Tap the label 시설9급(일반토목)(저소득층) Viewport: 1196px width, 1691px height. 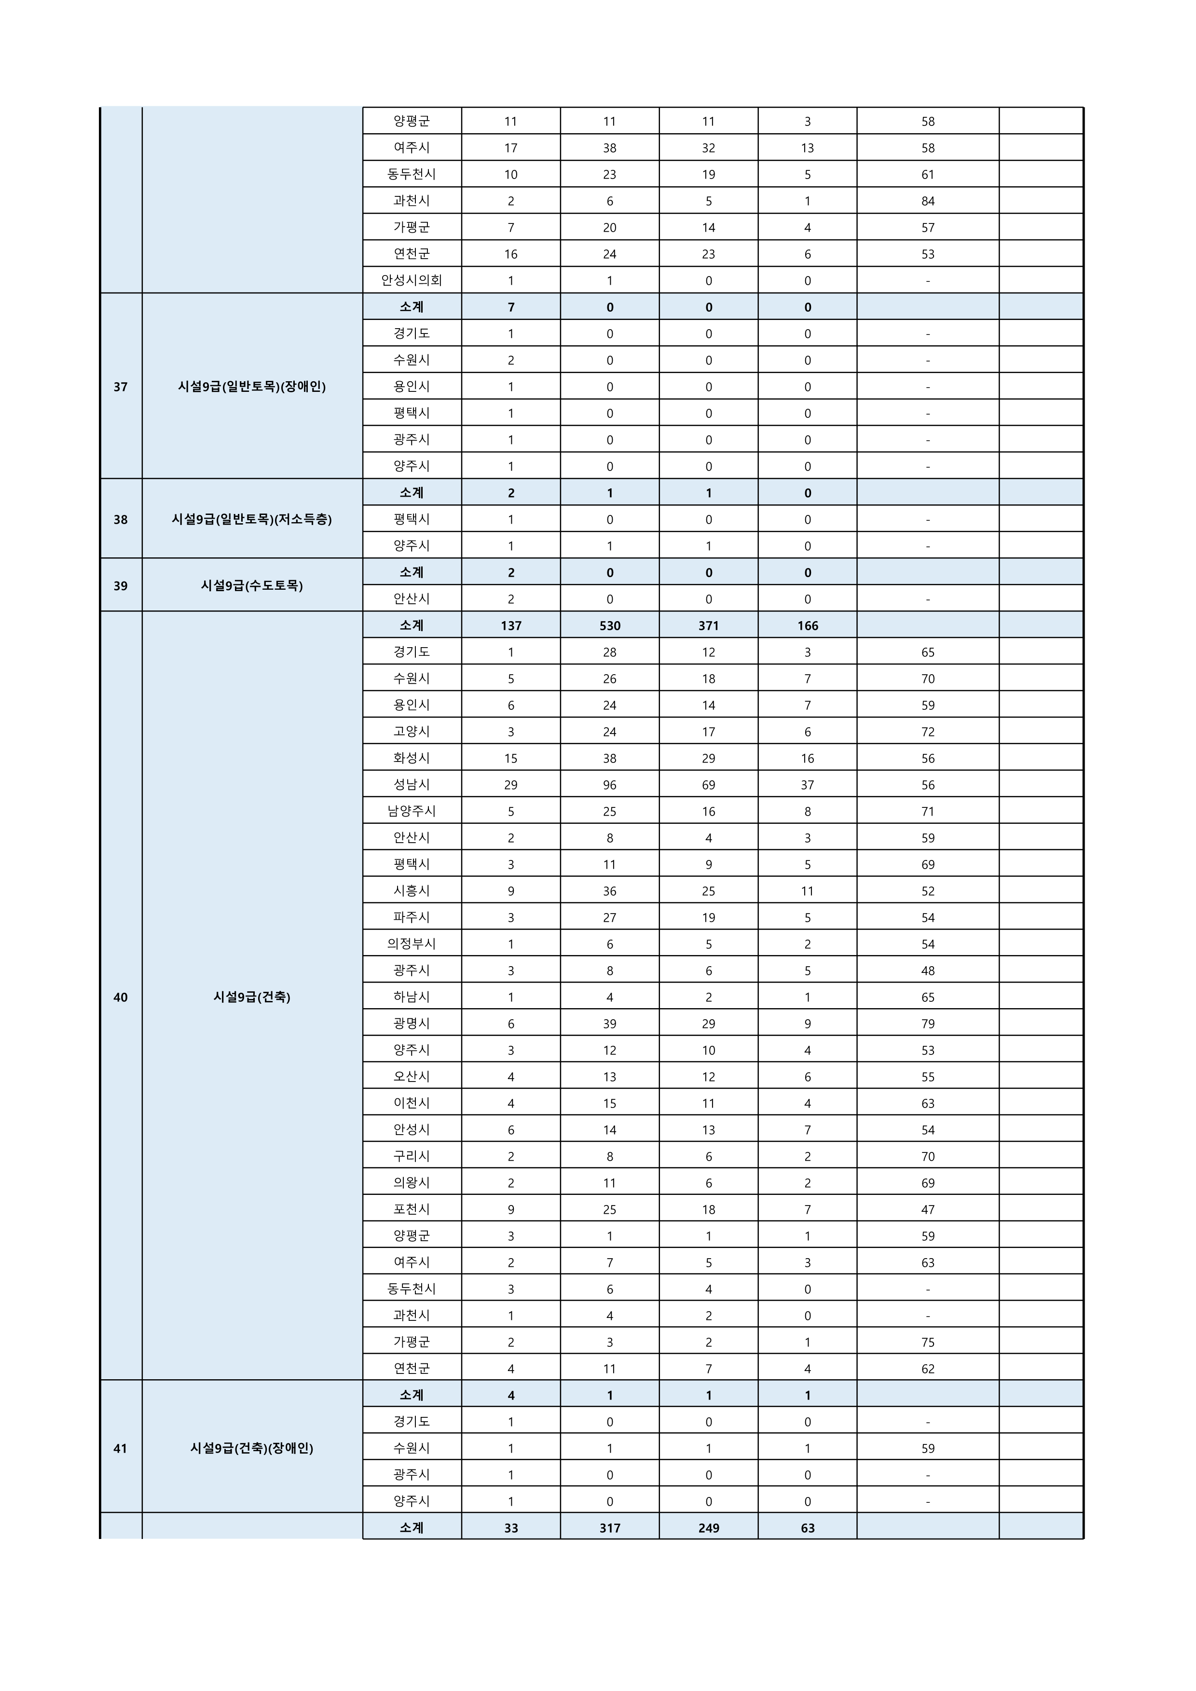tap(252, 519)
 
